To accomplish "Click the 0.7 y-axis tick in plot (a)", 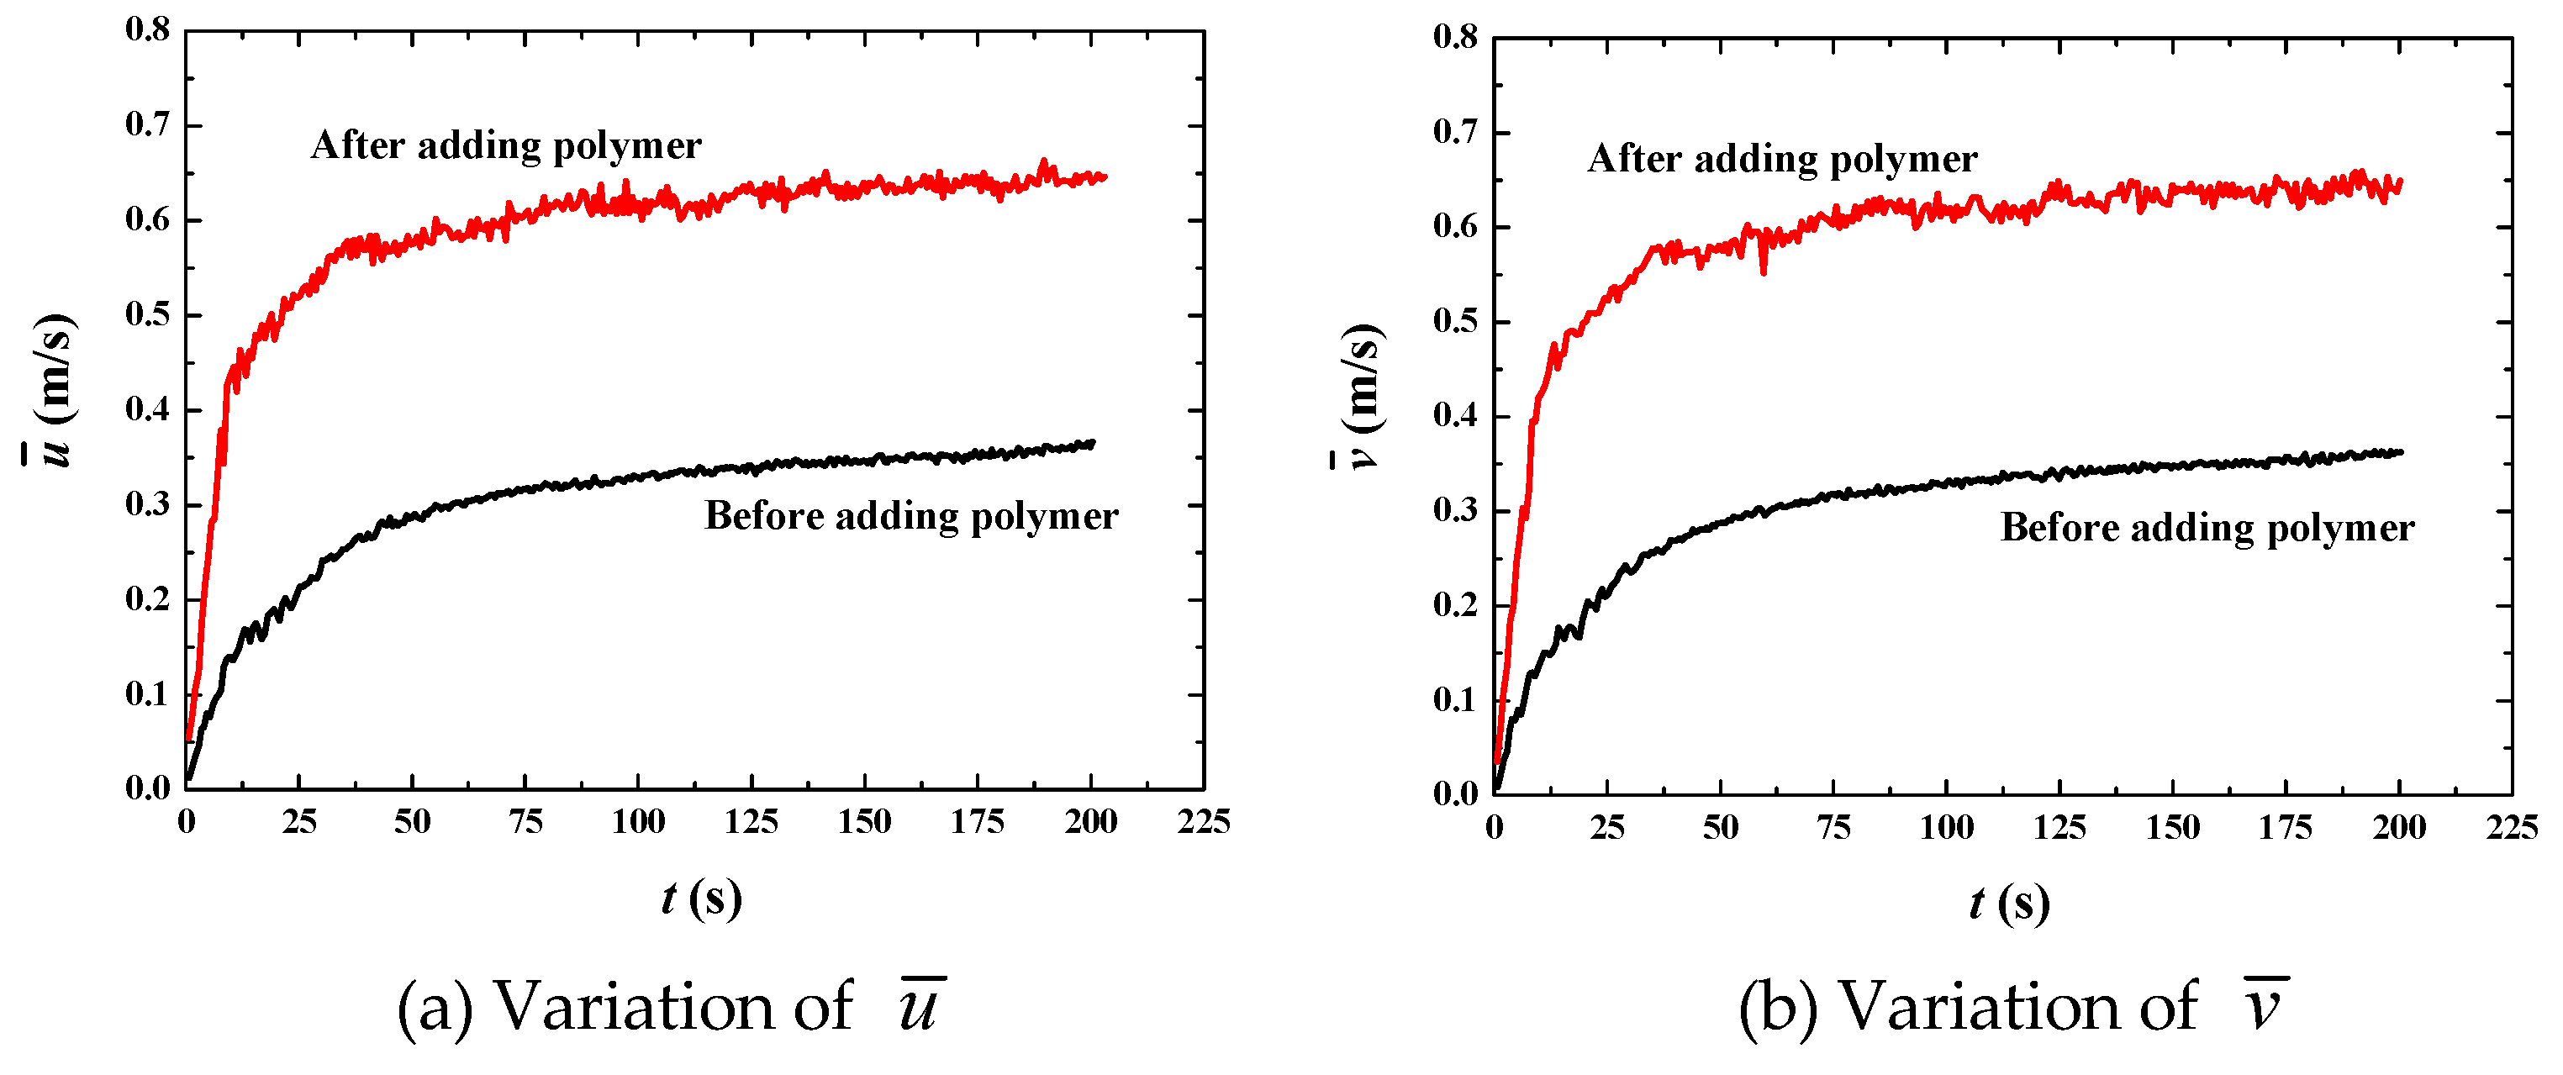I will (192, 126).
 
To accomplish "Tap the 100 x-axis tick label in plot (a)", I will (638, 822).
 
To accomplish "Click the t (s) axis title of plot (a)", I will (701, 899).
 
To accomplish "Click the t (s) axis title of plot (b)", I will (2009, 904).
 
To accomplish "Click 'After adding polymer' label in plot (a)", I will (505, 146).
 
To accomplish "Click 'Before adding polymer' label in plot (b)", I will (2207, 528).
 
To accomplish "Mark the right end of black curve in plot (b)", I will (2400, 452).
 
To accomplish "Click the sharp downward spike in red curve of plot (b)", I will (1763, 271).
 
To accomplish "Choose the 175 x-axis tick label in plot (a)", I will (977, 822).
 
